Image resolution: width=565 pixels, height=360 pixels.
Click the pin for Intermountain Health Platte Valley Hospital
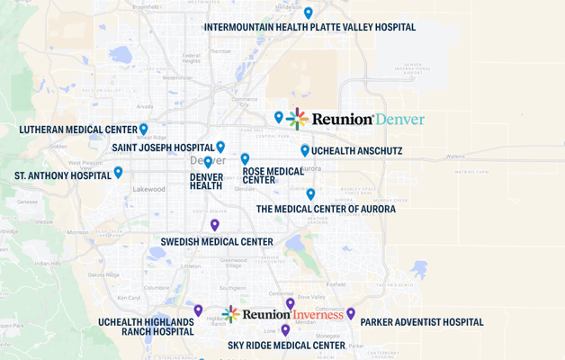pyautogui.click(x=309, y=13)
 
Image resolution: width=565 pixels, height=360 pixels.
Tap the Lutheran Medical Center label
pyautogui.click(x=78, y=130)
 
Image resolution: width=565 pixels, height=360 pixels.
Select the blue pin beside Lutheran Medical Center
pyautogui.click(x=144, y=129)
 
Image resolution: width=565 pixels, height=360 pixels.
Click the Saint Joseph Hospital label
pyautogui.click(x=163, y=148)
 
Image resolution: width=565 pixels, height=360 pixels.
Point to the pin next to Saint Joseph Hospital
pyautogui.click(x=220, y=147)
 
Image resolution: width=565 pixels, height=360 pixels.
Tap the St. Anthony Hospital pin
pyautogui.click(x=118, y=172)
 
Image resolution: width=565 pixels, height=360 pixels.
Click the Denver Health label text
pyautogui.click(x=206, y=181)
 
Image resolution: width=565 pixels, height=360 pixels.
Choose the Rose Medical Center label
pyautogui.click(x=273, y=175)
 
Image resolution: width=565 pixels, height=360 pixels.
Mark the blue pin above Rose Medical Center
pyautogui.click(x=245, y=158)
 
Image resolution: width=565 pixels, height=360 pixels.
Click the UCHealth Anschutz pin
pyautogui.click(x=305, y=150)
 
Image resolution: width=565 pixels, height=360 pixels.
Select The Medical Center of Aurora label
pyautogui.click(x=326, y=209)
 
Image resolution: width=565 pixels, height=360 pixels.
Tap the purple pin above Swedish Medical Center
pyautogui.click(x=215, y=225)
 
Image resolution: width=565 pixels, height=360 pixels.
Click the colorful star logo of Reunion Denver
pyautogui.click(x=298, y=119)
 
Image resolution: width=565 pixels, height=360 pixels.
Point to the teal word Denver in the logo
pyautogui.click(x=399, y=119)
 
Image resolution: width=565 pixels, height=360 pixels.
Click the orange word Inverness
pyautogui.click(x=318, y=314)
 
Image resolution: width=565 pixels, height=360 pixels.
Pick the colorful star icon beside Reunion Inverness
pyautogui.click(x=231, y=314)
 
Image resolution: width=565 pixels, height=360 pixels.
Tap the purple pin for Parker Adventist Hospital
pyautogui.click(x=351, y=313)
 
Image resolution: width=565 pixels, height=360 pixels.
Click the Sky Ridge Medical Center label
pyautogui.click(x=286, y=345)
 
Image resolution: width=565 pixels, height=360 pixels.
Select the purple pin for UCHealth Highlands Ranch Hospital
pyautogui.click(x=198, y=310)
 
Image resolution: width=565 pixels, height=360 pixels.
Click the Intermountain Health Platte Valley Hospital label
pyautogui.click(x=309, y=28)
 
